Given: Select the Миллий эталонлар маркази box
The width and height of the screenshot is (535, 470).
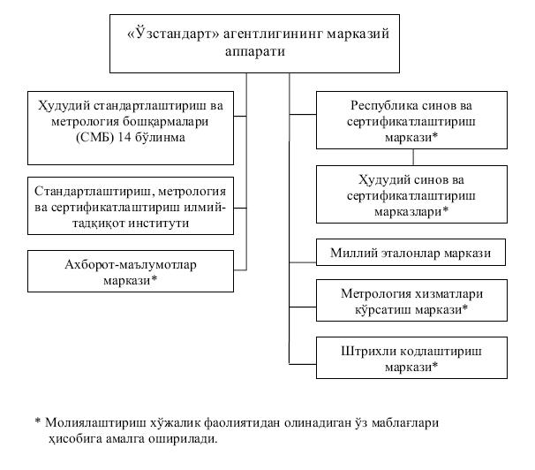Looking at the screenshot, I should click(x=411, y=254).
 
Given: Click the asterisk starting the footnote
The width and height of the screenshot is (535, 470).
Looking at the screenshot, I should click(x=37, y=422).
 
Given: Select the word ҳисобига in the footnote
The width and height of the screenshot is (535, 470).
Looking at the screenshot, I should click(x=75, y=438).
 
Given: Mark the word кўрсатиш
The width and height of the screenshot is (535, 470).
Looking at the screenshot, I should click(x=381, y=309).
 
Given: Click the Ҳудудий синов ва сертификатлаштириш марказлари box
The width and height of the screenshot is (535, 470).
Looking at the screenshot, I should click(x=411, y=194).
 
